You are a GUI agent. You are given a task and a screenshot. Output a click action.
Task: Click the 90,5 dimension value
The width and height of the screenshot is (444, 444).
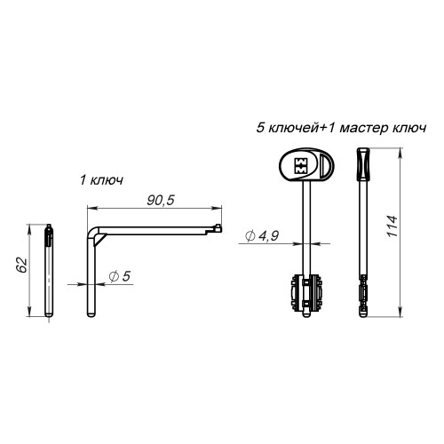click(161, 201)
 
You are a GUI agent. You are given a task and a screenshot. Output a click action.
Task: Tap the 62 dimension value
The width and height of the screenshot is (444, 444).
click(21, 265)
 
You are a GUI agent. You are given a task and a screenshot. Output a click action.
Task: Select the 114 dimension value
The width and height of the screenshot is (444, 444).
click(392, 226)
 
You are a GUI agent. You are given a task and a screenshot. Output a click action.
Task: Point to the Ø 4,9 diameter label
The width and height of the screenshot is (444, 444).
click(262, 236)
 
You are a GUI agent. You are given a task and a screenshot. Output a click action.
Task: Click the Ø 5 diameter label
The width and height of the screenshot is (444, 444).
click(120, 276)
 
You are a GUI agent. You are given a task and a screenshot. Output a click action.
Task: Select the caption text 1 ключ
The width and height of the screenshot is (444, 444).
click(101, 180)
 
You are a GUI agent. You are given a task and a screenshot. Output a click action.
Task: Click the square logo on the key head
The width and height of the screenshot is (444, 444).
click(300, 165)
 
